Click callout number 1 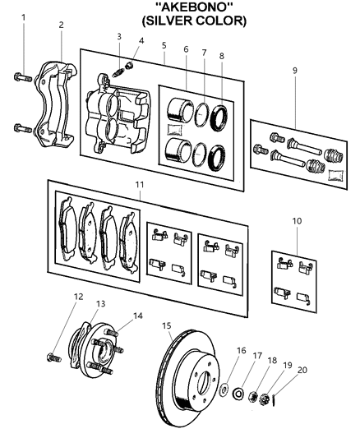point(24,17)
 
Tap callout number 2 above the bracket point(61,25)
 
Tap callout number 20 point(302,369)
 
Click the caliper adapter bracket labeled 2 point(55,90)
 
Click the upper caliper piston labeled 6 point(178,108)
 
